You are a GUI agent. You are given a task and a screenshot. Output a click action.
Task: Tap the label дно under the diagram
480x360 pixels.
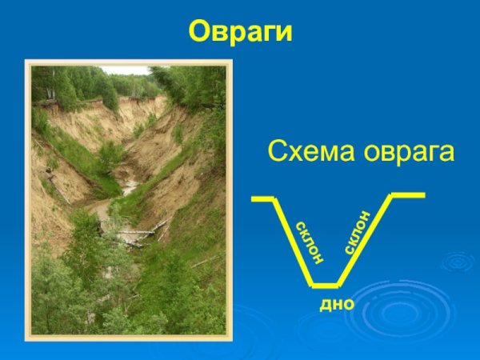click(x=337, y=305)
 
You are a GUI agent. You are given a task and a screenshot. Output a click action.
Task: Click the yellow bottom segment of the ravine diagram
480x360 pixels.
click(x=325, y=284)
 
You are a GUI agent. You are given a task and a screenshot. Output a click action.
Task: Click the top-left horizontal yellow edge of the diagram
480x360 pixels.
click(x=262, y=197)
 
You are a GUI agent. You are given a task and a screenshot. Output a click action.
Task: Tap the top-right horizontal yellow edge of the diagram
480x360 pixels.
click(x=407, y=194)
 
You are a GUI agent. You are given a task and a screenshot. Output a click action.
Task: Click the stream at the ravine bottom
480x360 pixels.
click(x=128, y=189)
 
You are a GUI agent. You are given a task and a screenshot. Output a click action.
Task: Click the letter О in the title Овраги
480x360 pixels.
click(x=198, y=31)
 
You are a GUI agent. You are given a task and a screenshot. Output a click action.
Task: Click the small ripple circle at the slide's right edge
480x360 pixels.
click(x=460, y=261)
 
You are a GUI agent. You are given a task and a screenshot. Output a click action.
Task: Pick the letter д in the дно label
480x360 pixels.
click(x=326, y=305)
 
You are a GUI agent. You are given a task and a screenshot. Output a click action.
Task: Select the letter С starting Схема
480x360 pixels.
click(x=275, y=151)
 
